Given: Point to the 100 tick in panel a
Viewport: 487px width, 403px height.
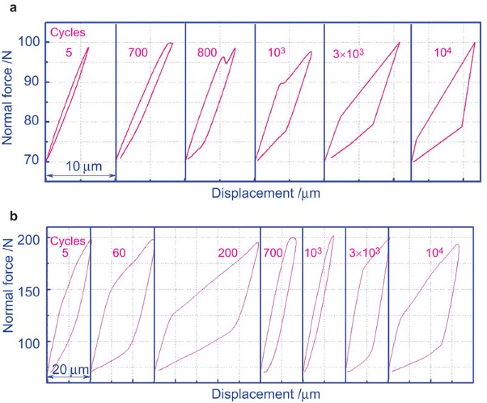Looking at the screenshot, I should click(x=29, y=41).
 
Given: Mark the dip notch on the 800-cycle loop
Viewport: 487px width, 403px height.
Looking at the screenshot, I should click(x=225, y=63).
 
